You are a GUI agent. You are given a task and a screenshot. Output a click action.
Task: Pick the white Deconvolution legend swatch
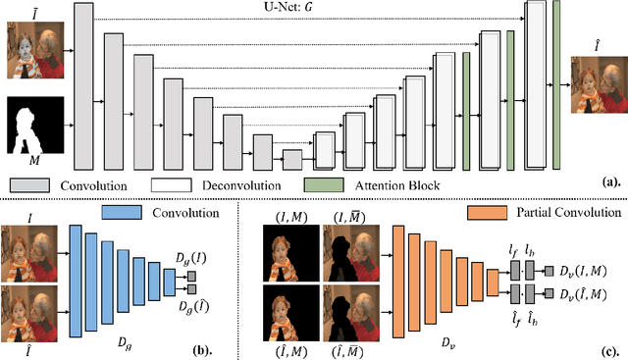tap(171, 183)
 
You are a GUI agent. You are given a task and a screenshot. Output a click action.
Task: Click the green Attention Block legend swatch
tap(324, 183)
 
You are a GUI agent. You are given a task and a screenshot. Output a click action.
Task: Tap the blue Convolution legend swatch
tap(145, 212)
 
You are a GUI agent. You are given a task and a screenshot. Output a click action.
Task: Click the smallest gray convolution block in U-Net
tap(292, 159)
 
